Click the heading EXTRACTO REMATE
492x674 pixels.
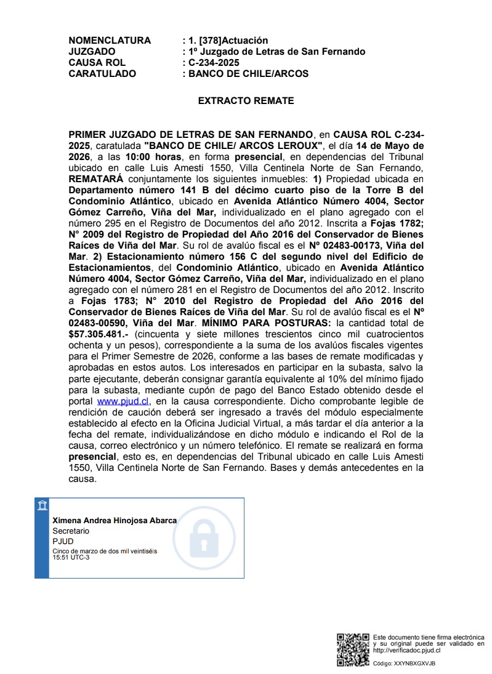(246, 100)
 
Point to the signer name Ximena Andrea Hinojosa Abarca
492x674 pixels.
(115, 520)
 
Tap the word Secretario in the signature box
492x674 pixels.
(71, 531)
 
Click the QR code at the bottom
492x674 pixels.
(353, 649)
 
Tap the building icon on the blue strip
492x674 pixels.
(41, 506)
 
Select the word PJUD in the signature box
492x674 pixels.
(63, 541)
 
